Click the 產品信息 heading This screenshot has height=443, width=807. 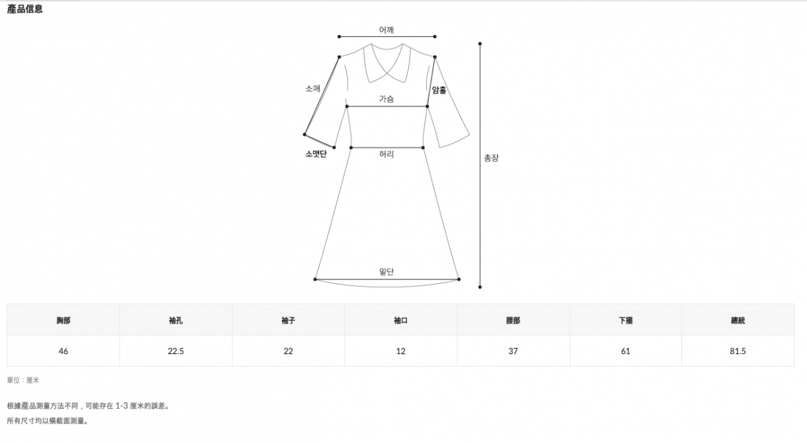point(25,9)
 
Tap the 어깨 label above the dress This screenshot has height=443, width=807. point(386,30)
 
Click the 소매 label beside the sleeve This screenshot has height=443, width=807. point(313,88)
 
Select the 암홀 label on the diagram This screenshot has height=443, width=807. point(439,90)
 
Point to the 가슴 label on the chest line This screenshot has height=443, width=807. point(386,99)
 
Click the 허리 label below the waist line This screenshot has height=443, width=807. point(386,154)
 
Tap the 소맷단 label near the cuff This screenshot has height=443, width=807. point(316,154)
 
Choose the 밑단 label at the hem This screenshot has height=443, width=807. point(387,271)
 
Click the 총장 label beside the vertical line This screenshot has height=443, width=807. point(491,158)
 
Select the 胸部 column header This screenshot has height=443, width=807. point(63,320)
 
